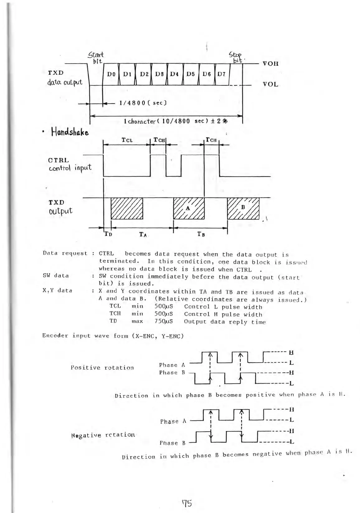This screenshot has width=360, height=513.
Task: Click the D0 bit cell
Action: (111, 74)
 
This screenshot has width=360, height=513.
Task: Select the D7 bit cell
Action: (221, 74)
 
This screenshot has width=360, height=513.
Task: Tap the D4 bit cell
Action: (175, 74)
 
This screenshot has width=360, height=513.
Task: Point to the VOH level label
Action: (270, 64)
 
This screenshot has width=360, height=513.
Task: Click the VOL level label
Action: (270, 84)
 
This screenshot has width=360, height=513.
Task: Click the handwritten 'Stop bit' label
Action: (236, 57)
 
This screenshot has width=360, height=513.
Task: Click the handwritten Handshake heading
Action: (70, 133)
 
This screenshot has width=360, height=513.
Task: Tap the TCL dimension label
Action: (127, 140)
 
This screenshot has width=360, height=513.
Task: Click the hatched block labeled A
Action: (189, 209)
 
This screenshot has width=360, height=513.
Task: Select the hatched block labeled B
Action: (243, 209)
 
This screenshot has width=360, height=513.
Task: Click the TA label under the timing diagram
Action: (143, 234)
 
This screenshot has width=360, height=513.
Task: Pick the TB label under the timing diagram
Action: (201, 234)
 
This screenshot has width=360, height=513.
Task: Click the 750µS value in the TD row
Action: (164, 321)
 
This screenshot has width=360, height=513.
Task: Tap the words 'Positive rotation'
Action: (102, 368)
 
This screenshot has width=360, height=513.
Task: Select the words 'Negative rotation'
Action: (103, 435)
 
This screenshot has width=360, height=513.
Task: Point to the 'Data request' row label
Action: (65, 253)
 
